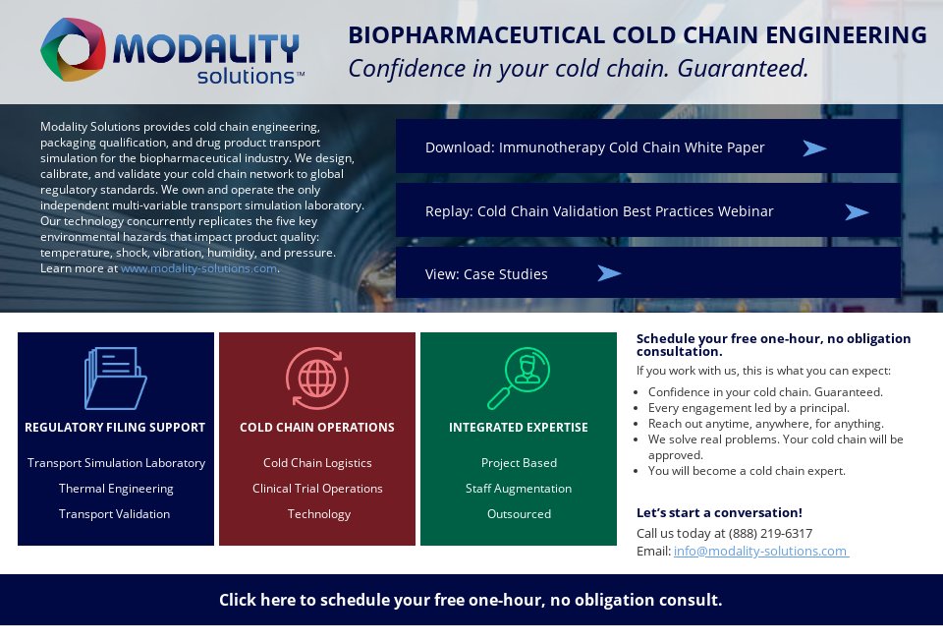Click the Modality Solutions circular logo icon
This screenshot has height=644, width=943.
[x=73, y=50]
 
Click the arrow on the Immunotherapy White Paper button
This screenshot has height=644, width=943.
[x=814, y=148]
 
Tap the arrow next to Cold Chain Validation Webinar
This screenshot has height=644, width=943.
[x=857, y=212]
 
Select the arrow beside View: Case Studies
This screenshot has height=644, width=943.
[x=609, y=273]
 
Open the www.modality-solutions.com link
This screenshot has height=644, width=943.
[x=198, y=268]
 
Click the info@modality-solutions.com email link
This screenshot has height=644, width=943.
[x=760, y=552]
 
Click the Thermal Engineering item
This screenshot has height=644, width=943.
[x=116, y=489]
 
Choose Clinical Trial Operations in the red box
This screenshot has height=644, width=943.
[x=317, y=489]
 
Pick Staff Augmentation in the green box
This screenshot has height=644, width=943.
[x=519, y=489]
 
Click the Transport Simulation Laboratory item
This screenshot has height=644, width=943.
[x=116, y=463]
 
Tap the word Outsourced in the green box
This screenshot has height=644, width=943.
[x=519, y=514]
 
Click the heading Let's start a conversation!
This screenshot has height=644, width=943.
[x=719, y=513]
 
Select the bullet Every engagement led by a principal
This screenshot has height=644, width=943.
[x=749, y=408]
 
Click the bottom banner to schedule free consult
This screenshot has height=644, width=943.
[x=471, y=600]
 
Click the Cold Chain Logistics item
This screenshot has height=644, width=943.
[x=317, y=463]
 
